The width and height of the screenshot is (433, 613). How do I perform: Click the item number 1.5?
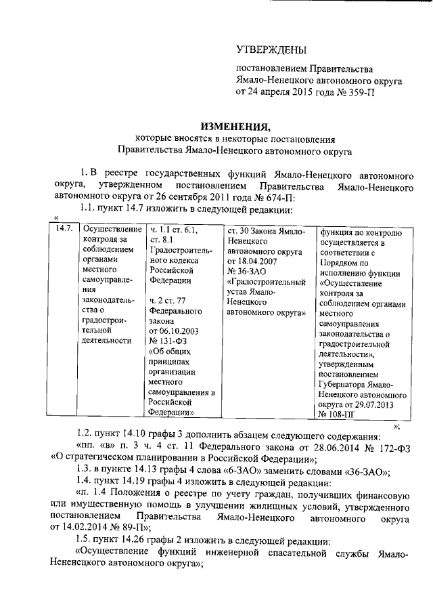coord(88,542)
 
